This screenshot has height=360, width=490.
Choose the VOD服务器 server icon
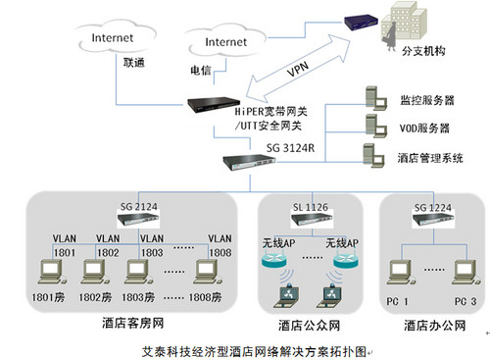(373, 126)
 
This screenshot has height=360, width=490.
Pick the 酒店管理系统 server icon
(373, 156)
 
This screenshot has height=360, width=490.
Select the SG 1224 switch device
(431, 221)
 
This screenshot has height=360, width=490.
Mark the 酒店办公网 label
(431, 325)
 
